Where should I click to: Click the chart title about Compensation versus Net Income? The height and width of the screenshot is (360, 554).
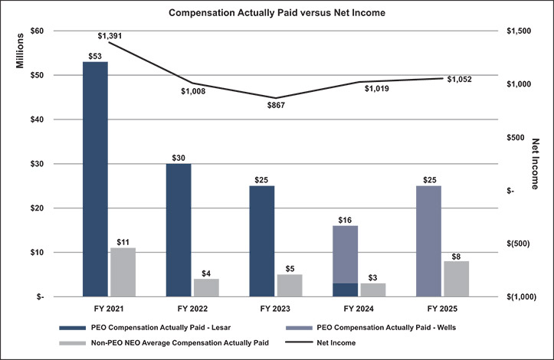pyautogui.click(x=277, y=13)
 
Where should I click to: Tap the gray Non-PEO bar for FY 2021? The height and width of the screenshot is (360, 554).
pyautogui.click(x=123, y=272)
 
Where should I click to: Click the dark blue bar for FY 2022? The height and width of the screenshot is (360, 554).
pyautogui.click(x=179, y=230)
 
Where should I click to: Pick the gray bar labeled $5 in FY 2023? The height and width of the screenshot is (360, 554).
pyautogui.click(x=290, y=285)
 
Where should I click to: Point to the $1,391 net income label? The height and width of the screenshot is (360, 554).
pyautogui.click(x=112, y=35)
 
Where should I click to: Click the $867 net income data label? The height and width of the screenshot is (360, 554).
pyautogui.click(x=276, y=105)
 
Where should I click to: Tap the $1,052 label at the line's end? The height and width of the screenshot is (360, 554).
pyautogui.click(x=460, y=79)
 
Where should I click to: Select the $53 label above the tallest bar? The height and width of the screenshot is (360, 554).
pyautogui.click(x=96, y=55)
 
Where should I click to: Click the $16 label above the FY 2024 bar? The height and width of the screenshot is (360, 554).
pyautogui.click(x=345, y=220)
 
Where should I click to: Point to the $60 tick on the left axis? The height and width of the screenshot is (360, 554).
pyautogui.click(x=36, y=31)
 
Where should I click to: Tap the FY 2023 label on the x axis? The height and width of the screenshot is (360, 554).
pyautogui.click(x=276, y=311)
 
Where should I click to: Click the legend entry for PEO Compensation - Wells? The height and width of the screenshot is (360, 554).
pyautogui.click(x=375, y=328)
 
